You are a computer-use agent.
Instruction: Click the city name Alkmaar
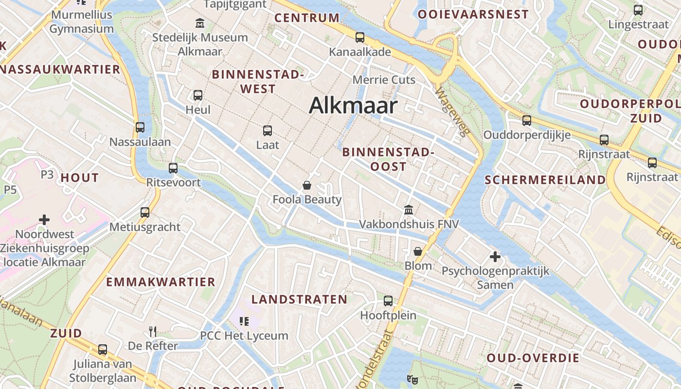click(353, 106)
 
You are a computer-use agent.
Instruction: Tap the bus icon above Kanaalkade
click(360, 37)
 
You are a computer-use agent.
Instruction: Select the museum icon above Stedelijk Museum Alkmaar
click(199, 23)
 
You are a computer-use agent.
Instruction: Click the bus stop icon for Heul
click(198, 95)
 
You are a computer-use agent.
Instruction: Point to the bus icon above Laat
click(268, 130)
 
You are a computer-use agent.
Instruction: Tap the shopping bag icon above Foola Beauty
click(307, 185)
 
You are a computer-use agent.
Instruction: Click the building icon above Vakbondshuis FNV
click(409, 210)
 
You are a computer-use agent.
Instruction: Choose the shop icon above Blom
click(418, 251)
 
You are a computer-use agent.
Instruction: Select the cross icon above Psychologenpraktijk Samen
click(495, 256)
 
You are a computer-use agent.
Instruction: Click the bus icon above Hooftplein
click(388, 301)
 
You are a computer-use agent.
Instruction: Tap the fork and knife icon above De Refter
click(153, 332)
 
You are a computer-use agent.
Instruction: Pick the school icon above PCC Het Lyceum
click(244, 321)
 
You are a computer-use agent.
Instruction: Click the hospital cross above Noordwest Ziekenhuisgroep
click(44, 220)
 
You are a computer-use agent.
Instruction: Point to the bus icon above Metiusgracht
click(145, 212)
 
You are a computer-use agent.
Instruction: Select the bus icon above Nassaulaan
click(140, 127)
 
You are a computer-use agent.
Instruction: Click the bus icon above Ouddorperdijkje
click(527, 120)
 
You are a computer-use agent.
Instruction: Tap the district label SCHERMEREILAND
click(545, 180)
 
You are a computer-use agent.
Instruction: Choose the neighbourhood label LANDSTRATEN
click(299, 299)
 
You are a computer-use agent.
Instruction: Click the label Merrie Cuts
click(384, 80)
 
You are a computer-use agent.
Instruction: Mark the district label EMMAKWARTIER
click(161, 282)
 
